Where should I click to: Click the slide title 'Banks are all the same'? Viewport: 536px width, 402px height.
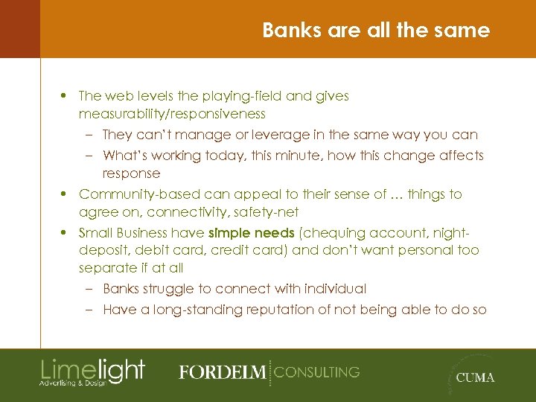[x=376, y=31]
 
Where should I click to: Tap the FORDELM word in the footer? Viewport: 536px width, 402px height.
[x=222, y=372]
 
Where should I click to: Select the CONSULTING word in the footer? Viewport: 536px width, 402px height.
[x=316, y=371]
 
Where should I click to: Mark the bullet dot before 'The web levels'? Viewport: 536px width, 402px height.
[x=66, y=96]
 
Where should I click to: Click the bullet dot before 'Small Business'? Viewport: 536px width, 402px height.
[x=66, y=232]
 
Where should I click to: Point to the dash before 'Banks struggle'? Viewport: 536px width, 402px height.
[x=89, y=289]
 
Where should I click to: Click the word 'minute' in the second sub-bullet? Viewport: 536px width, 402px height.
[x=307, y=156]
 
